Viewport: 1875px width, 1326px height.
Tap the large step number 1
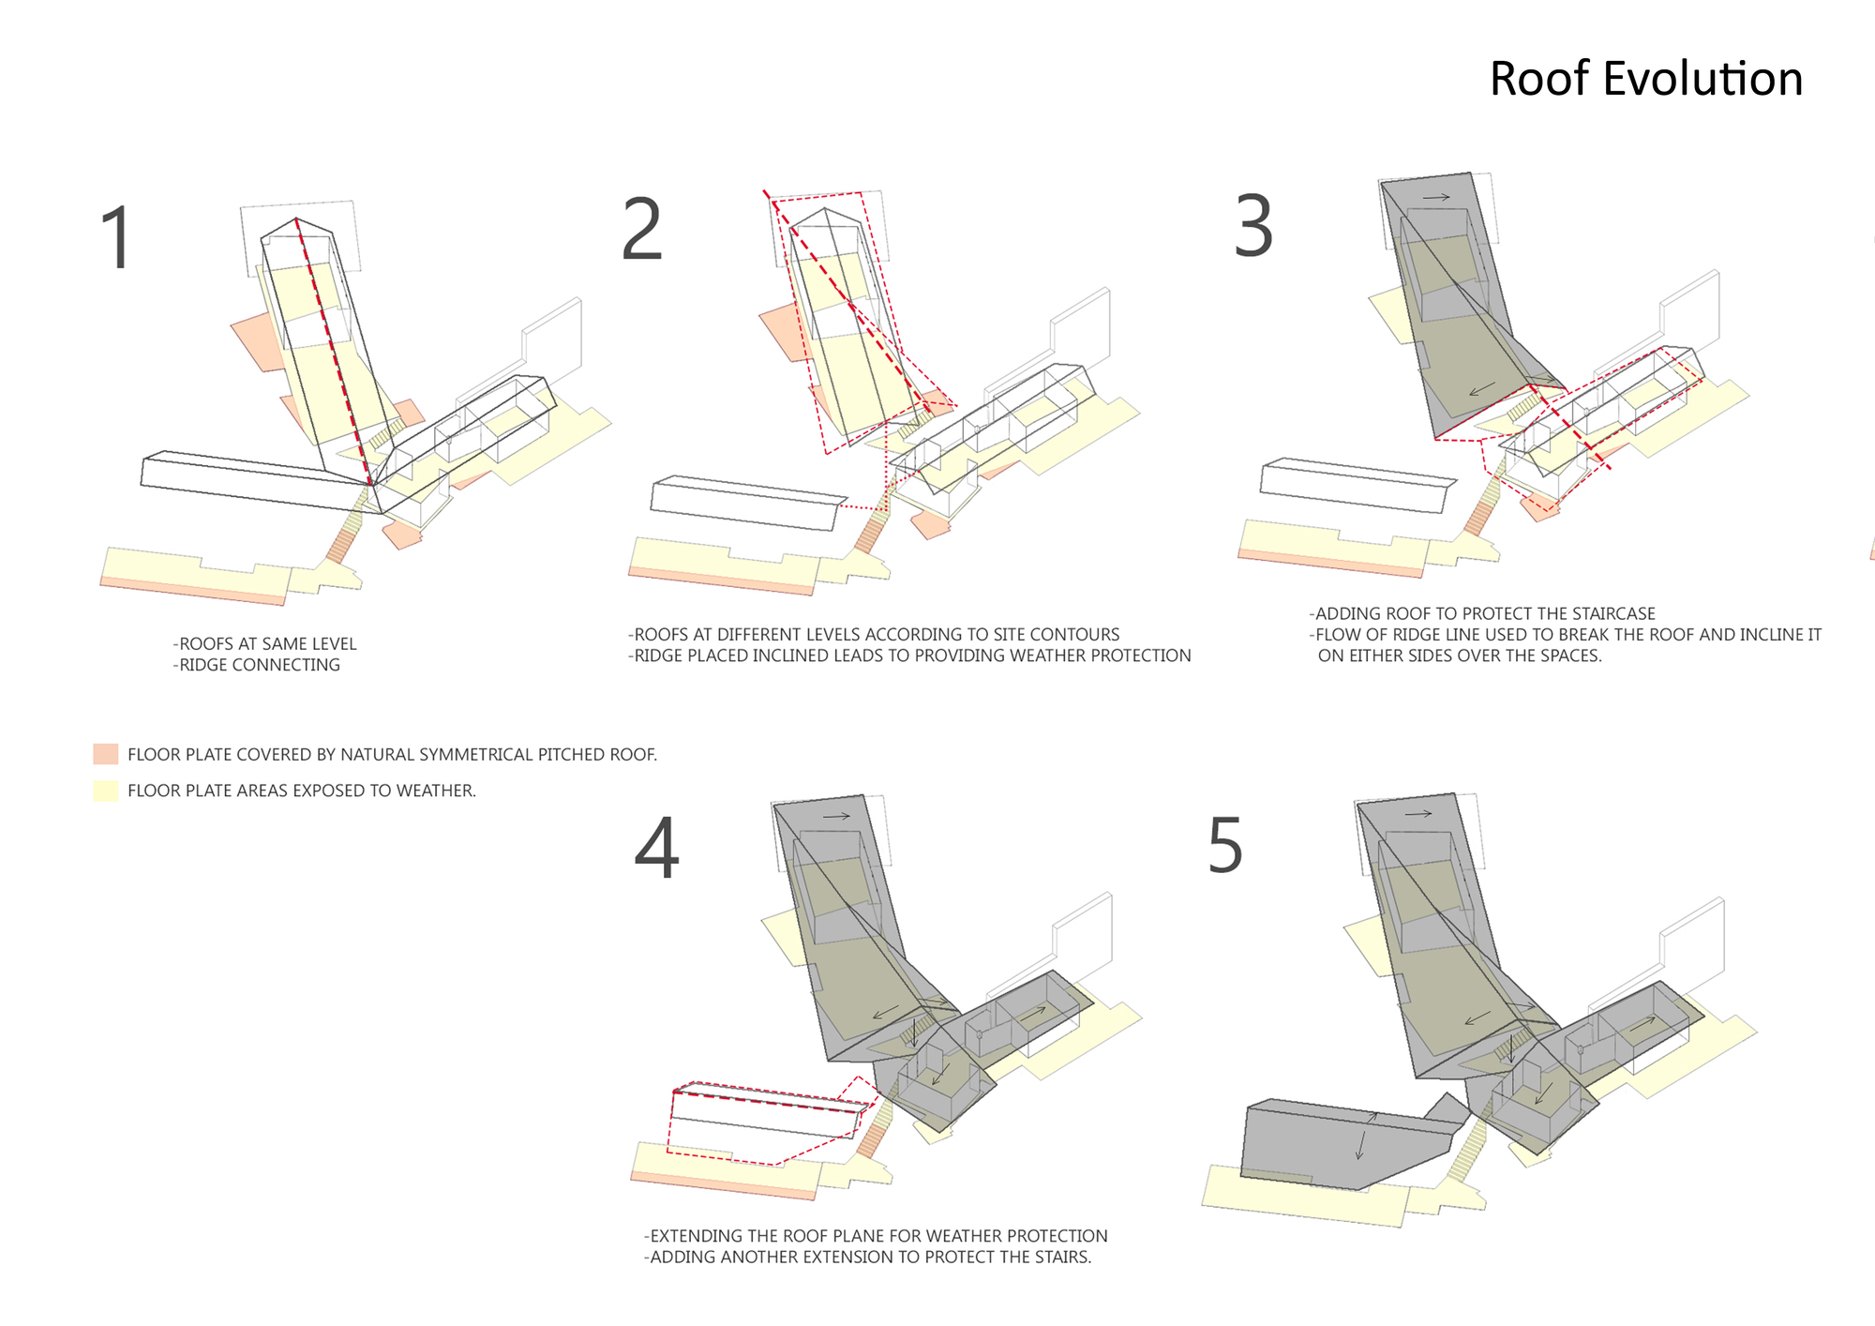pos(117,238)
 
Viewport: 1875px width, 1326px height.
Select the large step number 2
pos(642,230)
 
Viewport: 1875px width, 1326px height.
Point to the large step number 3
pos(1253,226)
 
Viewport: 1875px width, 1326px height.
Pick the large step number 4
pos(656,849)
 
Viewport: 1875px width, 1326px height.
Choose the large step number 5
pos(1225,846)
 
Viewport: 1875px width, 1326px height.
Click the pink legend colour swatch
pos(106,754)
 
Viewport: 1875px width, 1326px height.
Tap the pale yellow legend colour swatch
pos(106,791)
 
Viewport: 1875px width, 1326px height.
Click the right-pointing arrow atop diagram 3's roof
pos(1436,197)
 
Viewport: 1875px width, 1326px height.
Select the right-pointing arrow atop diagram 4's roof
pos(836,816)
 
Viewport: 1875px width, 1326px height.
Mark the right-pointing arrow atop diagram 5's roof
pos(1418,813)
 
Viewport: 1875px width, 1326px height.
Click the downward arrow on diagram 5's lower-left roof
pos(1359,1144)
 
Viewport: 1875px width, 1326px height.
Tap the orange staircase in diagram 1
pos(341,545)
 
